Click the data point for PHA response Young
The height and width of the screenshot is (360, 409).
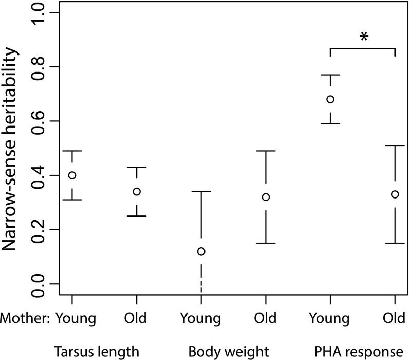click(x=330, y=99)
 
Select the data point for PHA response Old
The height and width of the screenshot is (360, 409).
click(x=395, y=194)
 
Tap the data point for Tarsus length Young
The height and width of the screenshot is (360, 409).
click(x=72, y=175)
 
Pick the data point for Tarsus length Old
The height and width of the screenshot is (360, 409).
click(x=137, y=192)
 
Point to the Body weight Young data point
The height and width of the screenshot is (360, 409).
click(x=201, y=251)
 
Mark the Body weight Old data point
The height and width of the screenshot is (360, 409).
click(x=266, y=197)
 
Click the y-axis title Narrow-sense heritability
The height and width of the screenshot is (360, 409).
click(x=14, y=149)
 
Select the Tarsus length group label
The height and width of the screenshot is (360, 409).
click(x=97, y=352)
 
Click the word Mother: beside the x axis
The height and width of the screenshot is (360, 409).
click(x=25, y=318)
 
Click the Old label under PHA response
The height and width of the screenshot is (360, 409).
click(x=395, y=318)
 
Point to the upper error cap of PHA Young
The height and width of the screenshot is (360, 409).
click(x=330, y=75)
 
